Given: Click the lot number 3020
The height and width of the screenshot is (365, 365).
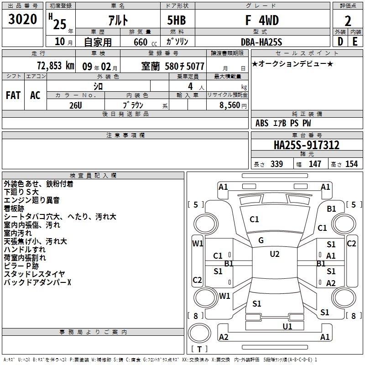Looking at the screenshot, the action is point(22,19).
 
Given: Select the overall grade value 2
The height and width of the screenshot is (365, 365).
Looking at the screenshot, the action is point(348,21).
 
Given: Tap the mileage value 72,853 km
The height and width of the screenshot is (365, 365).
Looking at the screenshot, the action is point(56,66).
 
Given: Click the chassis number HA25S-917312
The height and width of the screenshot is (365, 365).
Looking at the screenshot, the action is point(307,145).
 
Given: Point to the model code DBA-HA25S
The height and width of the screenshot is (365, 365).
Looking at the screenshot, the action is point(261,42).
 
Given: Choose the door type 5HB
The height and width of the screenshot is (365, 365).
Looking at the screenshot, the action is point(177,20).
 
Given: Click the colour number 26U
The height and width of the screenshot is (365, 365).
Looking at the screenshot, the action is point(75,105).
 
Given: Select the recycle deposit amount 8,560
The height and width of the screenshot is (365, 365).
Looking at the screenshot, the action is point(230,105).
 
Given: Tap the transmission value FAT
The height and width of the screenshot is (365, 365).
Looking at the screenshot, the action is point(13,95).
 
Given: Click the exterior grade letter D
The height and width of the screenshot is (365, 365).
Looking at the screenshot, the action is point(340,42).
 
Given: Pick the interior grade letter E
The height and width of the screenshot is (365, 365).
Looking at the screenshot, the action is point(355,42).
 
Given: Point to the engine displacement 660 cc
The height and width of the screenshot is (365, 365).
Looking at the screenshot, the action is point(145,42).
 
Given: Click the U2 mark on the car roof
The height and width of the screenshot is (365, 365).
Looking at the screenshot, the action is point(275,254).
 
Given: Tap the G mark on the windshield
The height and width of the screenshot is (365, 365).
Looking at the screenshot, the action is point(261,240).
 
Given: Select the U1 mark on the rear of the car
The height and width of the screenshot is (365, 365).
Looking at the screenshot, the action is point(287,327).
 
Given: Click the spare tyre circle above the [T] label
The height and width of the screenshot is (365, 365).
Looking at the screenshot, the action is point(199,333).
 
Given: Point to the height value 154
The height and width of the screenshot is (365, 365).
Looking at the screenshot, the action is point(351,164).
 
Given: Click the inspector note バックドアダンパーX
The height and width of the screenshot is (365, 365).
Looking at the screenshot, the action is point(37,282).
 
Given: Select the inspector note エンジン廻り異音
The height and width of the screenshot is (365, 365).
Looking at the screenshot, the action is point(31,200).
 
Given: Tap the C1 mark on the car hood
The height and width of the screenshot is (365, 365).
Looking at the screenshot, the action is point(254,219).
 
